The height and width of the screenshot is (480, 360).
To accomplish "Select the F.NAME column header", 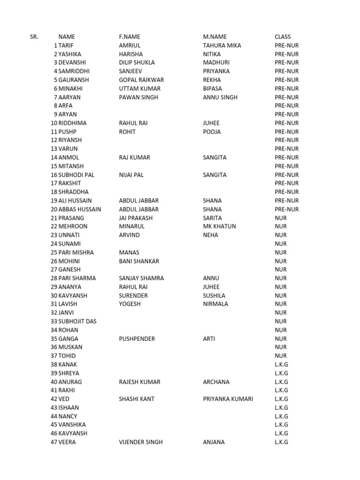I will pos(129,37).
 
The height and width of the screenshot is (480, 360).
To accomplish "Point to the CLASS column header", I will pos(283,37).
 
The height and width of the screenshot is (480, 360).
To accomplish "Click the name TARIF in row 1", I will pos(66,45).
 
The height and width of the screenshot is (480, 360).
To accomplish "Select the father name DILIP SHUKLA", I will pos(137,62).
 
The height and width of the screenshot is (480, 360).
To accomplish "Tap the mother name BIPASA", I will pos(212,89).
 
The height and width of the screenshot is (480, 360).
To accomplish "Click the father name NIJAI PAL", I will pos(131,175).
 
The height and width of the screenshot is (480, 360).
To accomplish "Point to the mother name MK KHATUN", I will pos(219,226).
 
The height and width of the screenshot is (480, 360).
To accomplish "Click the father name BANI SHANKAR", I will pos(139,261).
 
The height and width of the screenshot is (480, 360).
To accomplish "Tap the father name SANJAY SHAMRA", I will pos(142,278).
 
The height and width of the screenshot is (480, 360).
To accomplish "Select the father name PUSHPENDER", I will pos(137,338).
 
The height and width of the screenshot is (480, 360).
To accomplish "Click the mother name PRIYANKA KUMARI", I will pos(228,399).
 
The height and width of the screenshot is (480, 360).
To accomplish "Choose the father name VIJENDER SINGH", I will pos(141,442).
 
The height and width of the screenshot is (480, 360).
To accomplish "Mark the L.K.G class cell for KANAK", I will pos(281,364).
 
